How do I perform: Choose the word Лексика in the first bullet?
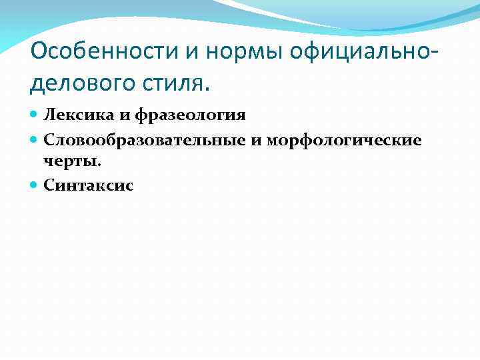pos(71,115)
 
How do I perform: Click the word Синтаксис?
pos(88,186)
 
